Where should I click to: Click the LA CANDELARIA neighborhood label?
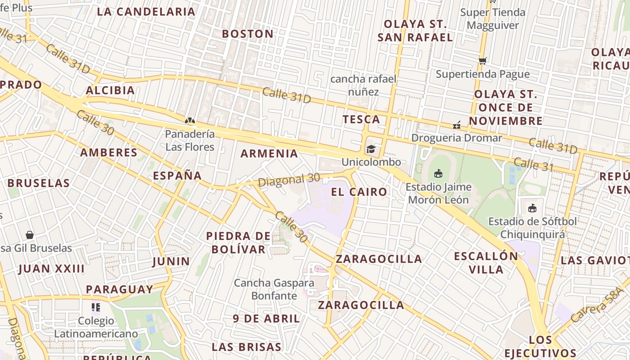[146, 12]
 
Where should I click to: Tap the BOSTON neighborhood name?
[247, 34]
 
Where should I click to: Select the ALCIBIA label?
[110, 90]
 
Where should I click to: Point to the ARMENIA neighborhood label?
[269, 153]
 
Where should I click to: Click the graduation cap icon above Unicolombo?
[371, 149]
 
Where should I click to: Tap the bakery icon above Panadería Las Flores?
[190, 121]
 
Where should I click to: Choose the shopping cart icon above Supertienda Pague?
[483, 61]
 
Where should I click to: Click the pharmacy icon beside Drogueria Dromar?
[457, 125]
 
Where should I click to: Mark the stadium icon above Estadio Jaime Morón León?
[438, 173]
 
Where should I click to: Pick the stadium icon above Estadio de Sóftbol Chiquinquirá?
[532, 208]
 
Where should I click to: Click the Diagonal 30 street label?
[289, 180]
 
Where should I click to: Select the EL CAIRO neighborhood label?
[359, 192]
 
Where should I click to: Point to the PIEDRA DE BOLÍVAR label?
[238, 243]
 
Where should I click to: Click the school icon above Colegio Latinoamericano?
[95, 307]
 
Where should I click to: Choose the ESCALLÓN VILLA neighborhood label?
[486, 263]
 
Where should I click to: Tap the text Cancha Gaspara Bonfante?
[274, 289]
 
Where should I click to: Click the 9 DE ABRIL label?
[266, 319]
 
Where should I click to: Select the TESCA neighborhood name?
[361, 119]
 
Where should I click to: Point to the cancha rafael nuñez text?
[364, 85]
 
